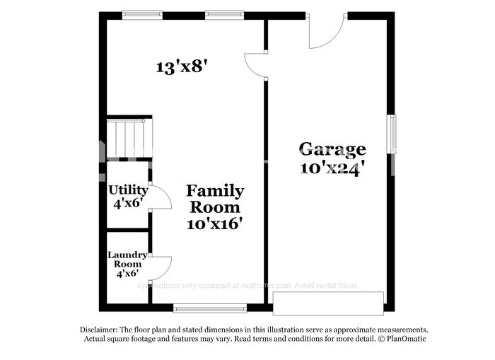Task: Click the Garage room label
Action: pyautogui.click(x=332, y=149)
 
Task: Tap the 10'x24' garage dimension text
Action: pyautogui.click(x=332, y=168)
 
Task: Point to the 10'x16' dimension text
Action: pyautogui.click(x=215, y=223)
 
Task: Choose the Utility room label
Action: pyautogui.click(x=128, y=190)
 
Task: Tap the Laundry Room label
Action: pyautogui.click(x=127, y=259)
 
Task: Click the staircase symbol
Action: pyautogui.click(x=129, y=138)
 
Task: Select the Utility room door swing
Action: pyautogui.click(x=161, y=197)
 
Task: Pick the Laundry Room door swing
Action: pyautogui.click(x=161, y=267)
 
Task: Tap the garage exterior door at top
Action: pyautogui.click(x=327, y=31)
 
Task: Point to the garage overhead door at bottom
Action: pyautogui.click(x=329, y=303)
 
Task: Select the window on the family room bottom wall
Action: pyautogui.click(x=210, y=308)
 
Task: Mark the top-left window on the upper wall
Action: pyautogui.click(x=143, y=13)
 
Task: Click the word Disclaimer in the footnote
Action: pyautogui.click(x=98, y=330)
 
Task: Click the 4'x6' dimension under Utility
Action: pyautogui.click(x=128, y=202)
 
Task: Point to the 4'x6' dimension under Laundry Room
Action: pyautogui.click(x=127, y=272)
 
